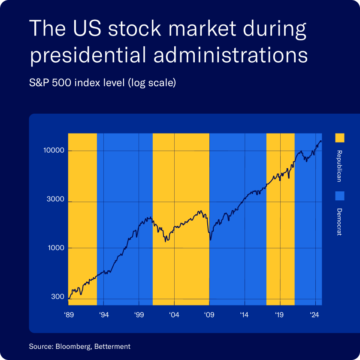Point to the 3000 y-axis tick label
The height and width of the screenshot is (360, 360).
point(54,200)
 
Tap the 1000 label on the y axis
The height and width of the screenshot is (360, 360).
point(54,248)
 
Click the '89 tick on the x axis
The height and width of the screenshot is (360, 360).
point(69,315)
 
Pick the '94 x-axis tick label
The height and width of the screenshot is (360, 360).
point(104,315)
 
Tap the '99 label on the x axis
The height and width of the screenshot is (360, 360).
point(139,315)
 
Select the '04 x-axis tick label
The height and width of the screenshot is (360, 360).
point(174,315)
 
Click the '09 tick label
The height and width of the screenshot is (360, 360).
point(209,315)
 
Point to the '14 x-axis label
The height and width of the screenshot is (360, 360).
point(245,315)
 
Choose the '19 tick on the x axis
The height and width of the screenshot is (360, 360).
point(280,315)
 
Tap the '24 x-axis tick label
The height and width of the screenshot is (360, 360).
point(315,315)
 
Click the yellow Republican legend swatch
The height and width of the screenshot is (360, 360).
point(339,138)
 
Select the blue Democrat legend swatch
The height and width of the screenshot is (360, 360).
point(339,196)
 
